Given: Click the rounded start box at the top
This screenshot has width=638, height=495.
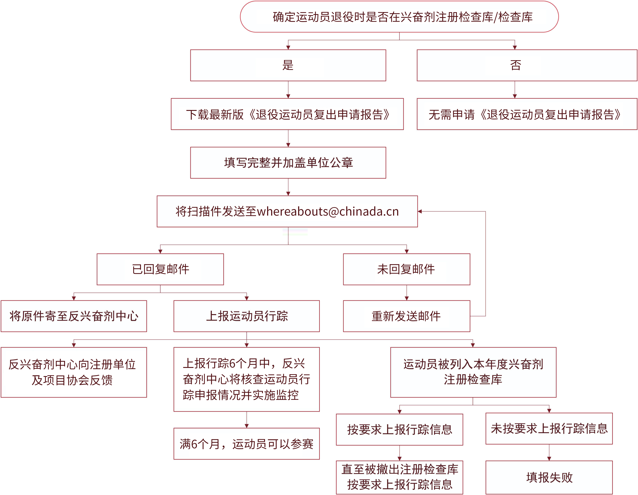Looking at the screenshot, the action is click(x=399, y=17).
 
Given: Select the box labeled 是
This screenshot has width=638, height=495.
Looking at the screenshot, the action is click(x=288, y=65).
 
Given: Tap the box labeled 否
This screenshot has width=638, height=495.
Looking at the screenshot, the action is click(x=527, y=65).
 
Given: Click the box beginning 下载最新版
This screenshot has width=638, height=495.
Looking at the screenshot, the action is click(x=287, y=114).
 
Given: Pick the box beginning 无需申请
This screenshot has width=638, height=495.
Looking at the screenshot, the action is click(x=527, y=114).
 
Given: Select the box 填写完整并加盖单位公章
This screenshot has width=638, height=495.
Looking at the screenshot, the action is click(x=288, y=163).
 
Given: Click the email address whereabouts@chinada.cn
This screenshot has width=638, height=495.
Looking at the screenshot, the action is click(x=328, y=211).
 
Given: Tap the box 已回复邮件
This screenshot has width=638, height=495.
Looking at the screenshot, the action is click(x=160, y=269).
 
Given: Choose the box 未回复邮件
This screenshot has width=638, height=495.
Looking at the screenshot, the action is click(x=407, y=269).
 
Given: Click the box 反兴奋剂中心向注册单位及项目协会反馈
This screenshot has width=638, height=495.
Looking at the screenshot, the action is click(x=74, y=372).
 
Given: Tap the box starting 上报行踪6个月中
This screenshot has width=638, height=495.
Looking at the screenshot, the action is click(x=246, y=379).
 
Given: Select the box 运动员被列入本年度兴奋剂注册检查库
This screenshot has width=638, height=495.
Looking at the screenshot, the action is click(x=473, y=372).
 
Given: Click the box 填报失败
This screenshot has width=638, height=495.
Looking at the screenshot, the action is click(x=549, y=478).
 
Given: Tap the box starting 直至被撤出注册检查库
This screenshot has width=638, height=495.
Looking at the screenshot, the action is click(x=400, y=478).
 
